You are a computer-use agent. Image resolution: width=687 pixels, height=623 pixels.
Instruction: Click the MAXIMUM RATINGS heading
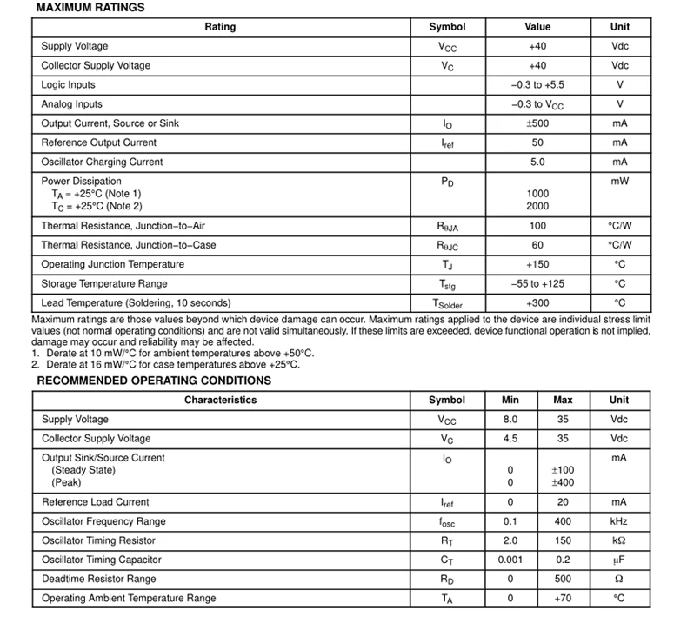pyautogui.click(x=90, y=8)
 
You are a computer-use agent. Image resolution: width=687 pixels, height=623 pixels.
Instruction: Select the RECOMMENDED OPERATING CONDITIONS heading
pyautogui.click(x=153, y=381)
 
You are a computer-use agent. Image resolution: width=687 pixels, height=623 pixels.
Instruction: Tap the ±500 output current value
pyautogui.click(x=537, y=123)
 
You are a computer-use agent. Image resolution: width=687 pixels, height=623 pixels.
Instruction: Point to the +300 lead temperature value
pyautogui.click(x=537, y=303)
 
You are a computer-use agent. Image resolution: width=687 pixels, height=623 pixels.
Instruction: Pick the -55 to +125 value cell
pyautogui.click(x=537, y=284)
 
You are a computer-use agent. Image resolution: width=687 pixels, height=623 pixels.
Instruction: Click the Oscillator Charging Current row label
pyautogui.click(x=102, y=162)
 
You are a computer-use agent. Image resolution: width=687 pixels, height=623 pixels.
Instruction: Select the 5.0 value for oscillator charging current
pyautogui.click(x=537, y=162)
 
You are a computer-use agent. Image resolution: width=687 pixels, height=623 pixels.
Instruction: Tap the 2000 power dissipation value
pyautogui.click(x=537, y=207)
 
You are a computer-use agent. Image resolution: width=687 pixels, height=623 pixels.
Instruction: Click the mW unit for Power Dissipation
pyautogui.click(x=619, y=182)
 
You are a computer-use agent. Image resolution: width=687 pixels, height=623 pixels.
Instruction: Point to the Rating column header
pyautogui.click(x=220, y=27)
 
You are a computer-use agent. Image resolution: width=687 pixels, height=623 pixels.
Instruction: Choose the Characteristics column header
pyautogui.click(x=220, y=401)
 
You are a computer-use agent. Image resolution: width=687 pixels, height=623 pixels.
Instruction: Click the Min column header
pyautogui.click(x=510, y=401)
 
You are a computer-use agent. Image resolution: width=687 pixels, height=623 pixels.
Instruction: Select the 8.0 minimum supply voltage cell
pyautogui.click(x=510, y=420)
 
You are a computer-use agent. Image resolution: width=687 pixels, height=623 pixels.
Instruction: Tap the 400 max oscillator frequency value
pyautogui.click(x=563, y=521)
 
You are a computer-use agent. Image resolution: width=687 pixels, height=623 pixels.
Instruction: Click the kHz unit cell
pyautogui.click(x=619, y=521)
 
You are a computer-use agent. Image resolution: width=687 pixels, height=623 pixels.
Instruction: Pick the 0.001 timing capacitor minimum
pyautogui.click(x=510, y=560)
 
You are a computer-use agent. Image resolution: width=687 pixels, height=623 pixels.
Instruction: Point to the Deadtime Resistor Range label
pyautogui.click(x=99, y=579)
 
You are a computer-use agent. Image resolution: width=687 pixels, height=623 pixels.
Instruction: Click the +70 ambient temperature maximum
pyautogui.click(x=563, y=598)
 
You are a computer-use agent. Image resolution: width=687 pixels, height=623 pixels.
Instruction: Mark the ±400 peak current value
pyautogui.click(x=563, y=482)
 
